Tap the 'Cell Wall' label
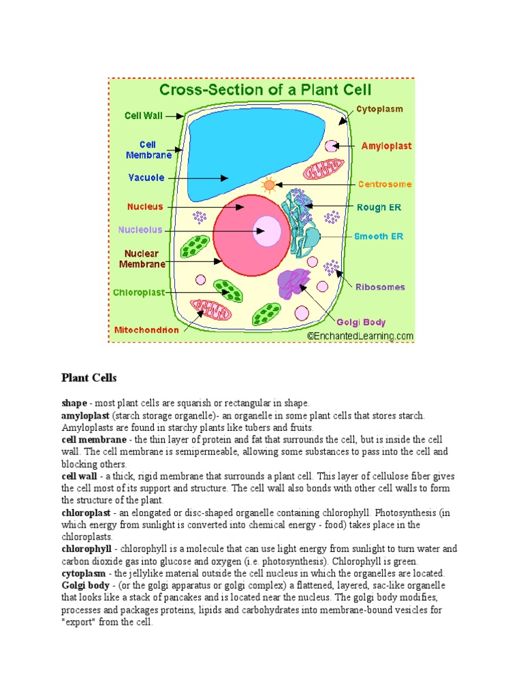(142, 116)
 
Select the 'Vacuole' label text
(146, 178)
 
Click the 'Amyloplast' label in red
(386, 146)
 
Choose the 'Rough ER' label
(379, 208)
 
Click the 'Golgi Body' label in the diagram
(361, 322)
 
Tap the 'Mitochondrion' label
(146, 330)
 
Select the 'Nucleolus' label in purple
(140, 230)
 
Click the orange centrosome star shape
(270, 184)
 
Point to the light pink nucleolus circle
(266, 231)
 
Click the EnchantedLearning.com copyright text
(360, 336)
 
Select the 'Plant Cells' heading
(89, 377)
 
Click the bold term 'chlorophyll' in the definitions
(86, 549)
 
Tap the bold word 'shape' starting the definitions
(74, 403)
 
